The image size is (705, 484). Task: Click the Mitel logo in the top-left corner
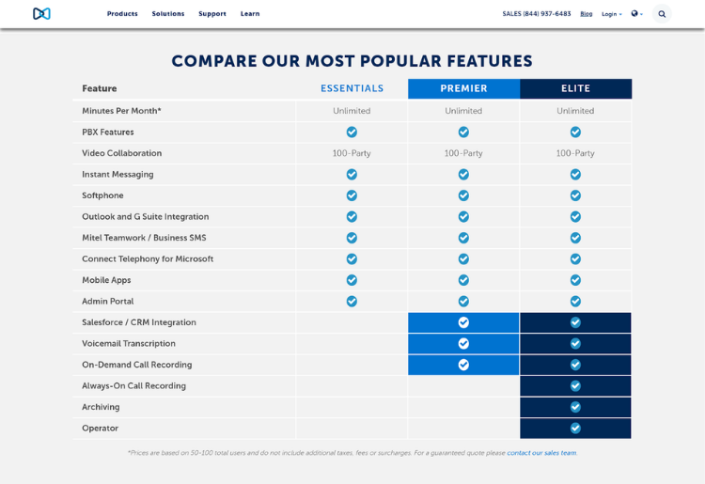coord(41,14)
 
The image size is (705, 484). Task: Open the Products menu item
coord(122,14)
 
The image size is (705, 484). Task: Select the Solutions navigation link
coord(168,14)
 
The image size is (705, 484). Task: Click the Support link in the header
coord(212,14)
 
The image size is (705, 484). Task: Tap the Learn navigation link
coord(250,14)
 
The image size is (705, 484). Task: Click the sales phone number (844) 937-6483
coord(537,14)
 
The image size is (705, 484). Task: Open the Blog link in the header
coord(587,14)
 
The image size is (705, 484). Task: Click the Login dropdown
coord(611,14)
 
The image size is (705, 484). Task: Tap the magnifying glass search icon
coord(662,14)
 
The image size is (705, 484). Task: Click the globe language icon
coord(636,14)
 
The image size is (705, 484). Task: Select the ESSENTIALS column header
coord(352,88)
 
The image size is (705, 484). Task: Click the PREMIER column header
coord(463,88)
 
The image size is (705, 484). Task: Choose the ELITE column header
coord(575,88)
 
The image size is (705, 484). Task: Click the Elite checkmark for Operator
coord(575,429)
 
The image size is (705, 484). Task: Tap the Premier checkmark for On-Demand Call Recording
coord(463,365)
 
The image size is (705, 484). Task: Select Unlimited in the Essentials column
coord(352,111)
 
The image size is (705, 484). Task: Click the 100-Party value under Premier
coord(463,153)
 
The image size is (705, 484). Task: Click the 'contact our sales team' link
coord(541,453)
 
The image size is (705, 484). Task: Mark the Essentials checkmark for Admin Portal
coord(352,302)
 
